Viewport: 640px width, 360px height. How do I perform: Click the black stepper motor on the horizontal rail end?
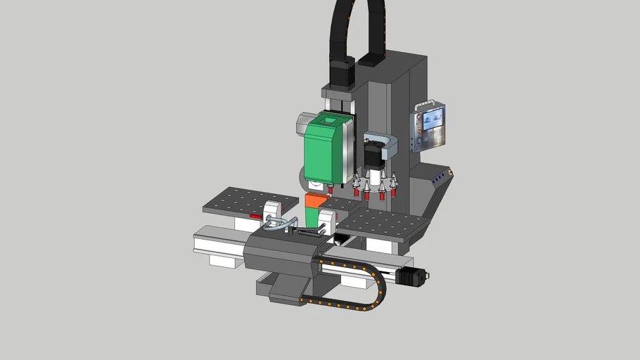tap(411, 276)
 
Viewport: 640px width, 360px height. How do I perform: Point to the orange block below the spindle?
tap(316, 202)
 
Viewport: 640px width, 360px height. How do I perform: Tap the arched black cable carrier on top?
tap(359, 28)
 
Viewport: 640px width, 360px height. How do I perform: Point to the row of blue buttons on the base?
tap(441, 179)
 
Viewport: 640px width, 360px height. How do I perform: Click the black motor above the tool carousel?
tap(372, 154)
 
